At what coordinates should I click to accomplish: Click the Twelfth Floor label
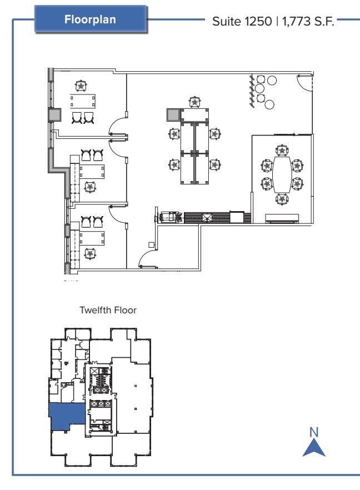(x=108, y=311)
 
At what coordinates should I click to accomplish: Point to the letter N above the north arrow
(x=314, y=431)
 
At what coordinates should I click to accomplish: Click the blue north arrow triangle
(x=314, y=448)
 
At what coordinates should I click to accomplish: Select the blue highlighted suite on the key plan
(x=66, y=417)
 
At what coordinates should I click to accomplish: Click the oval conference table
(x=283, y=174)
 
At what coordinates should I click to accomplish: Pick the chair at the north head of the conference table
(x=283, y=151)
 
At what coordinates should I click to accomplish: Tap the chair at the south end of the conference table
(x=283, y=198)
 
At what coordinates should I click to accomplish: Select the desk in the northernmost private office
(x=82, y=101)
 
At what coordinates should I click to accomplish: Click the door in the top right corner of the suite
(x=304, y=83)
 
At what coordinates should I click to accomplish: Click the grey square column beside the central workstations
(x=172, y=115)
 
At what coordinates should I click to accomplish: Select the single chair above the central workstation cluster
(x=194, y=102)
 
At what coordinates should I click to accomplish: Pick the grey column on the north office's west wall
(x=55, y=114)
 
